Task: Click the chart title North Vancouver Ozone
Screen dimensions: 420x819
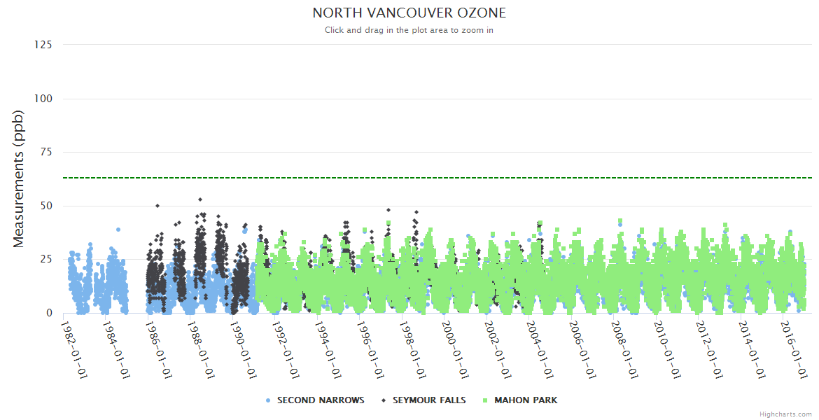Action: [x=409, y=13]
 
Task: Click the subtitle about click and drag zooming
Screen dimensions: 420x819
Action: [x=409, y=30]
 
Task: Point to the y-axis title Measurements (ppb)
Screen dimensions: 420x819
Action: [x=19, y=179]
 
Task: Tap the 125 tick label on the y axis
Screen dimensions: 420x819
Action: [x=43, y=45]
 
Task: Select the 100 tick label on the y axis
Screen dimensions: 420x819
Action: [x=43, y=99]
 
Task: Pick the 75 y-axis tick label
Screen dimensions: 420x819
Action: [x=45, y=152]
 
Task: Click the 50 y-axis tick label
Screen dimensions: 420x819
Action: [x=45, y=206]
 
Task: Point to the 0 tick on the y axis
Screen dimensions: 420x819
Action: [x=49, y=313]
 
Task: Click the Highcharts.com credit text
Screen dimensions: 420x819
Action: [x=785, y=414]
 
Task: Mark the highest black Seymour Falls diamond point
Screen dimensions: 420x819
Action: [x=200, y=199]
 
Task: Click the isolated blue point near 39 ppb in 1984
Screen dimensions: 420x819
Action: [x=118, y=230]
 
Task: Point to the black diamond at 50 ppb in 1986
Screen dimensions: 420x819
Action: [x=157, y=206]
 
